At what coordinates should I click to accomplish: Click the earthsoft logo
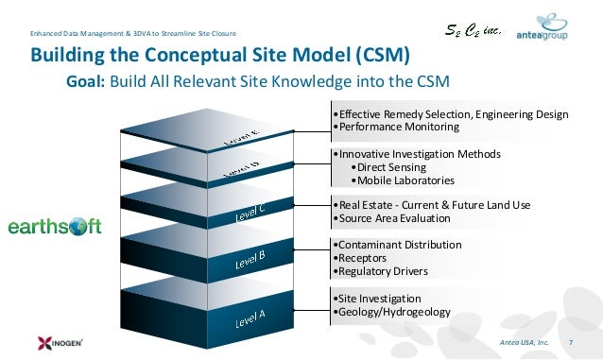pyautogui.click(x=54, y=227)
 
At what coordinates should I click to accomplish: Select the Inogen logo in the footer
pyautogui.click(x=42, y=341)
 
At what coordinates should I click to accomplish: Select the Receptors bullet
pyautogui.click(x=364, y=258)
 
